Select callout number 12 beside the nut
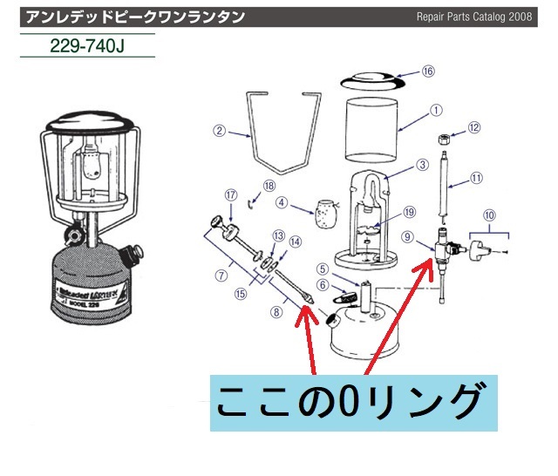(474, 127)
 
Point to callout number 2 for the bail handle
(221, 132)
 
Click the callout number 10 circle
(488, 213)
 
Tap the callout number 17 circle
(231, 194)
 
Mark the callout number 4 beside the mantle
(282, 202)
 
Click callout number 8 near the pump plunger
(277, 309)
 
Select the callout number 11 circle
(475, 177)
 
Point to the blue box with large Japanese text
(353, 402)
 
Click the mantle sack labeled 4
(325, 212)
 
